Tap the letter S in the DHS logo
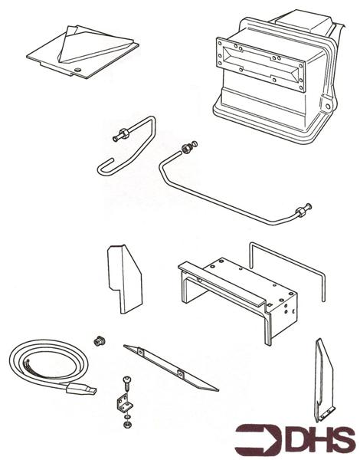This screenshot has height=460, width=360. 342,439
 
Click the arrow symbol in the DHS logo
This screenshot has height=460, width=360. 254,439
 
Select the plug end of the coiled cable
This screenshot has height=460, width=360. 83,389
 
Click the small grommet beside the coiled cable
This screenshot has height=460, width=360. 97,340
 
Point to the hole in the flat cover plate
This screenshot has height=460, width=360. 78,74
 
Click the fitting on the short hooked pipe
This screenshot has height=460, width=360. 119,137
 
